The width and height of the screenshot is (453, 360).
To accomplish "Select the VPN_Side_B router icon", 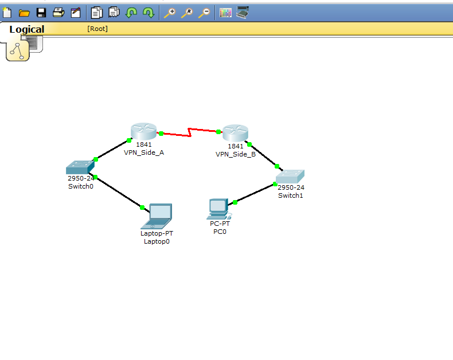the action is [235, 133].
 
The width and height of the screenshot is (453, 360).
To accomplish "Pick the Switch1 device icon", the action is [290, 177].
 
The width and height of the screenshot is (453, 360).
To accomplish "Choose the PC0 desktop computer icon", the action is [219, 209].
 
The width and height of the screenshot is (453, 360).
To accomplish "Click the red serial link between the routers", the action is [190, 133].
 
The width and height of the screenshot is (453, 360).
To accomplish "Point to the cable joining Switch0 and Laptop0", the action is [119, 192].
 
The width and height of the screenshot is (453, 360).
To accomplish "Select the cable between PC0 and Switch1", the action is [255, 193].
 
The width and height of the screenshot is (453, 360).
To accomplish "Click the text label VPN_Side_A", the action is [144, 152].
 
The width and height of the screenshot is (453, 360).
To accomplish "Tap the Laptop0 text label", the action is [157, 241].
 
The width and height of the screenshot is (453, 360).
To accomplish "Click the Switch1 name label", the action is [290, 195].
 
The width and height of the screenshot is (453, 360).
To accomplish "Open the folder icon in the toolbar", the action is [24, 13].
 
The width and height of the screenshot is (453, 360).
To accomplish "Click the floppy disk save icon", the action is [41, 13].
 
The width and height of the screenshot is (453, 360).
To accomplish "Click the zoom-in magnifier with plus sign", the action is [169, 13].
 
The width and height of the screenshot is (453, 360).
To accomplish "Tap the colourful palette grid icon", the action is [225, 13].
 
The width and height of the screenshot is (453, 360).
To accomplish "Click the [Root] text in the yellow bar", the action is [97, 29].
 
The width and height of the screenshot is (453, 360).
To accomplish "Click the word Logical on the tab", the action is [27, 29].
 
